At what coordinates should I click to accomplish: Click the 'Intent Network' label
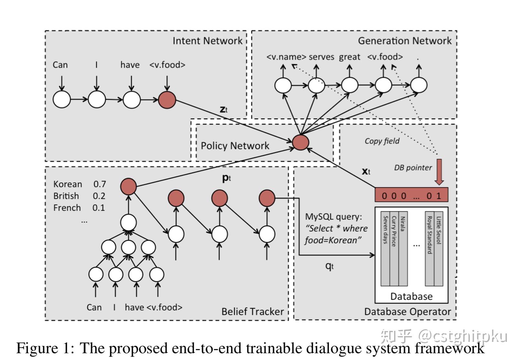pyautogui.click(x=207, y=41)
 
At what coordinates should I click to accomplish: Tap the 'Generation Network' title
pyautogui.click(x=404, y=41)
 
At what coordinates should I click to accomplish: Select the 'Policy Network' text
pyautogui.click(x=235, y=146)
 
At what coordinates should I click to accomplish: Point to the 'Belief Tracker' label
pyautogui.click(x=252, y=311)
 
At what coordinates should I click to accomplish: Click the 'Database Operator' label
pyautogui.click(x=407, y=311)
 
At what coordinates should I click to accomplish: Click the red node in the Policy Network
pyautogui.click(x=300, y=142)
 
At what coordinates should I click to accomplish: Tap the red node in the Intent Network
pyautogui.click(x=167, y=99)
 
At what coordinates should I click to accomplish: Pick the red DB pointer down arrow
pyautogui.click(x=439, y=172)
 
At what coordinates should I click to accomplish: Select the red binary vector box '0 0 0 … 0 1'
pyautogui.click(x=411, y=195)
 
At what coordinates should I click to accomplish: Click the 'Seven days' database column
pyautogui.click(x=385, y=249)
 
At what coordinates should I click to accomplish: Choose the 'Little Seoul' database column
pyautogui.click(x=438, y=249)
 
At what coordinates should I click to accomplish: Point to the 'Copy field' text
pyautogui.click(x=382, y=141)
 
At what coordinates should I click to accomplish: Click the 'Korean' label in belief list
pyautogui.click(x=68, y=184)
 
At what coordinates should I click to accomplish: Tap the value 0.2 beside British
pyautogui.click(x=99, y=196)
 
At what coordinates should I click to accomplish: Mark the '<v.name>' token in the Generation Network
pyautogui.click(x=286, y=57)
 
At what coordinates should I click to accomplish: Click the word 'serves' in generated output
pyautogui.click(x=321, y=57)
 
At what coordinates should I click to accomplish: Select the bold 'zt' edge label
pyautogui.click(x=224, y=109)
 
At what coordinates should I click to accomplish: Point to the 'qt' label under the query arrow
pyautogui.click(x=329, y=266)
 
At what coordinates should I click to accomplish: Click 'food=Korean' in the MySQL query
pyautogui.click(x=333, y=241)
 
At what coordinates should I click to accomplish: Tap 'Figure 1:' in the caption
pyautogui.click(x=45, y=348)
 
